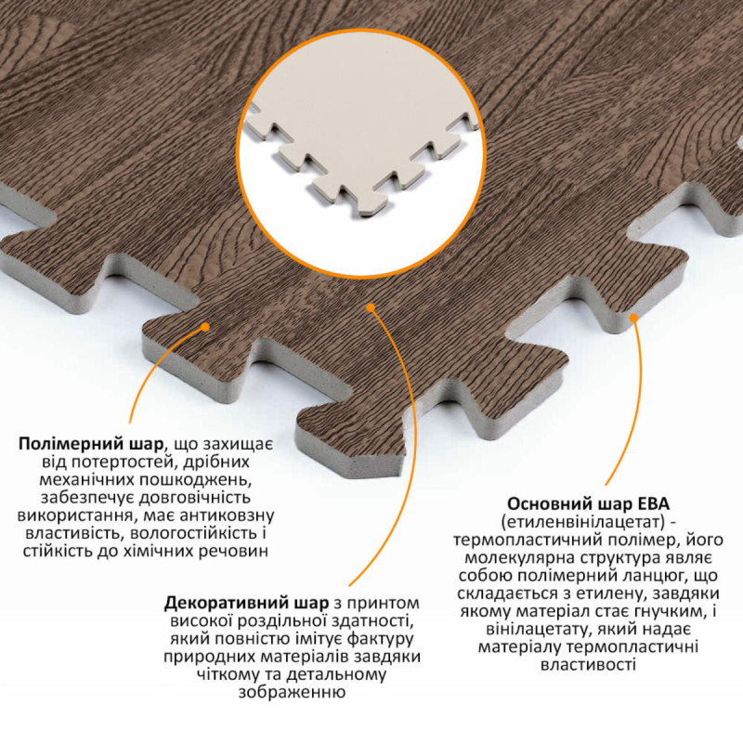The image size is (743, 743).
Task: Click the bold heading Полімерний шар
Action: click(x=90, y=445)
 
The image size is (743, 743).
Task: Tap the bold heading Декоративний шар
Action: click(x=246, y=604)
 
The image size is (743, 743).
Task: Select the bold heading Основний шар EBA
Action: click(x=588, y=503)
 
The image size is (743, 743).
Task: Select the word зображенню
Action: click(x=291, y=693)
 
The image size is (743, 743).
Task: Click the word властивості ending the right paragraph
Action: click(x=588, y=665)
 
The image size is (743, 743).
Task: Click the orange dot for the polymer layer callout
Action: click(x=205, y=327)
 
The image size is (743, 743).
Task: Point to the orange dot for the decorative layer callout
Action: click(x=371, y=308)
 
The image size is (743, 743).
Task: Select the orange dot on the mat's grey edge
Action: click(x=634, y=318)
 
